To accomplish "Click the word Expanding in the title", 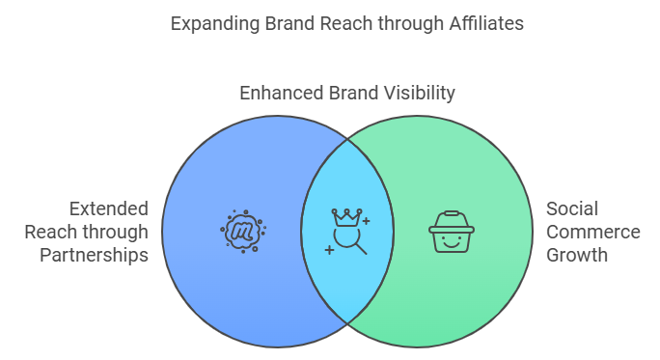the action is pyautogui.click(x=215, y=24).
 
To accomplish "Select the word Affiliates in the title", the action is pyautogui.click(x=486, y=23).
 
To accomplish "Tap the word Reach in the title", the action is pyautogui.click(x=346, y=23).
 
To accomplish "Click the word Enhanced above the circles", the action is pyautogui.click(x=282, y=93).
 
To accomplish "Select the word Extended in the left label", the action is pyautogui.click(x=109, y=208).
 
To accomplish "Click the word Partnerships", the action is pyautogui.click(x=94, y=256).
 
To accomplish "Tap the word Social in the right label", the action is pyautogui.click(x=572, y=208).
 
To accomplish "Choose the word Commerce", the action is pyautogui.click(x=593, y=232).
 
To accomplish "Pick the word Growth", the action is pyautogui.click(x=577, y=255).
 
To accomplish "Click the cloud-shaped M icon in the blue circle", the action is pyautogui.click(x=243, y=232).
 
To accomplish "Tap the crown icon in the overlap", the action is pyautogui.click(x=346, y=217).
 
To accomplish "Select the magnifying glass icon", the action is pyautogui.click(x=350, y=241).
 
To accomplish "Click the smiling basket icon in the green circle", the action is pyautogui.click(x=452, y=232).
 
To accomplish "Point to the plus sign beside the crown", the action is pyautogui.click(x=367, y=221).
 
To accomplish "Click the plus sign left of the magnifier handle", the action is pyautogui.click(x=329, y=250).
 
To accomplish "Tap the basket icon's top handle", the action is pyautogui.click(x=452, y=213).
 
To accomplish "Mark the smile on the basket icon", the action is pyautogui.click(x=452, y=244).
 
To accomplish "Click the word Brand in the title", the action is pyautogui.click(x=290, y=23).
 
